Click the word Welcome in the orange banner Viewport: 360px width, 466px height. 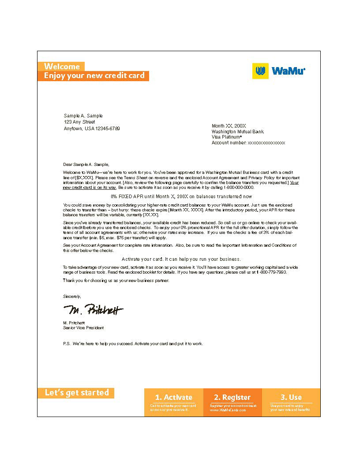click(62, 67)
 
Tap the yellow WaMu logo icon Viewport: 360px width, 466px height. click(260, 71)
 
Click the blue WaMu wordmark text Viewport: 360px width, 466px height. click(288, 71)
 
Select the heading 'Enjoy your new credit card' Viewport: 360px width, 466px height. click(94, 76)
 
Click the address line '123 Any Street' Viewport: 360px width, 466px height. click(79, 122)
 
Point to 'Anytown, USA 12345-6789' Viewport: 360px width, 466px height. click(92, 128)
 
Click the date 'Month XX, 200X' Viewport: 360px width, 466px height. click(229, 126)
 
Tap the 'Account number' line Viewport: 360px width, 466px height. click(248, 143)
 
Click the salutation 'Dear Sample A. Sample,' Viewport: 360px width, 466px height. click(86, 164)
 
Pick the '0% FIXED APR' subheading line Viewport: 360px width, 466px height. click(181, 196)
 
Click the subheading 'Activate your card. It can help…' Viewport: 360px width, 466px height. click(181, 259)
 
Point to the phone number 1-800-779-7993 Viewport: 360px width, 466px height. click(271, 272)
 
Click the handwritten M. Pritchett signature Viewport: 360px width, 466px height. click(93, 310)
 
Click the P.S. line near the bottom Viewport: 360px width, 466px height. click(133, 344)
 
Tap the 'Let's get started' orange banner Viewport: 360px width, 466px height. click(77, 393)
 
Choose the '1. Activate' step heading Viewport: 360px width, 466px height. click(173, 397)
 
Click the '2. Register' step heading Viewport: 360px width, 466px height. click(232, 397)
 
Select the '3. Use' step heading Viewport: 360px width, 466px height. click(291, 397)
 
